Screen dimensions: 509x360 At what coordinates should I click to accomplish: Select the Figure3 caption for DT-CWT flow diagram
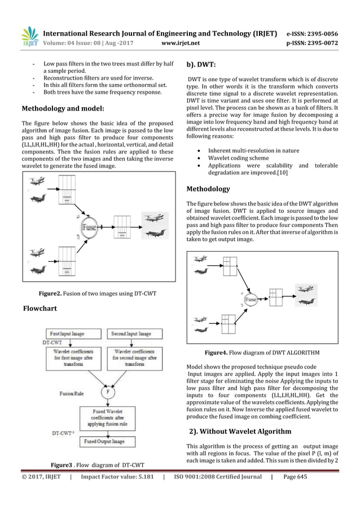[x=98, y=464]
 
